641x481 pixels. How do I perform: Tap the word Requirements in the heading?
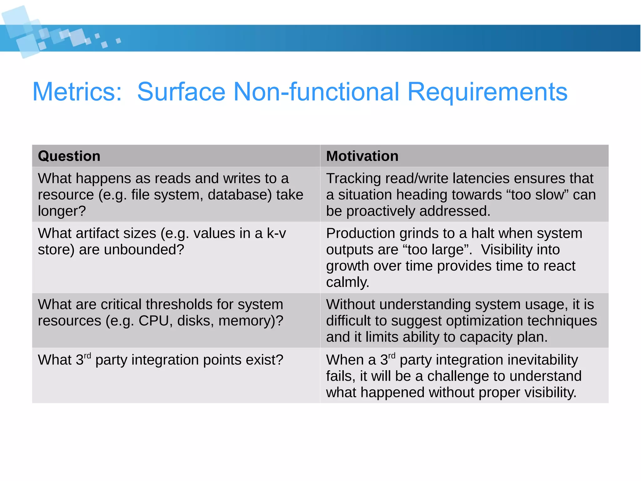coord(487,91)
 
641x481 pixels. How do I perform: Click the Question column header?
coord(69,156)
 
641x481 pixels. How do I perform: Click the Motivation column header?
coord(362,156)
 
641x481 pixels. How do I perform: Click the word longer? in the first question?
coord(62,211)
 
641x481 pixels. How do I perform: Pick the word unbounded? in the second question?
coord(144,250)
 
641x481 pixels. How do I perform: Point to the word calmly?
coord(347,282)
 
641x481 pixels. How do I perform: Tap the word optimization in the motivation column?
coord(457,321)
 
